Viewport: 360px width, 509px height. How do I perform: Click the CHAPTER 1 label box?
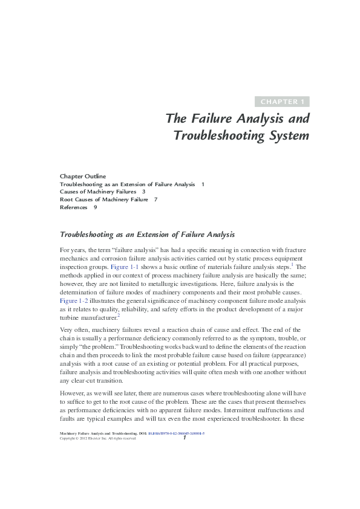tap(283, 102)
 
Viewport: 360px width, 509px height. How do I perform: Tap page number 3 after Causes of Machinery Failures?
tap(143, 191)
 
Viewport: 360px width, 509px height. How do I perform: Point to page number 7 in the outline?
tap(155, 199)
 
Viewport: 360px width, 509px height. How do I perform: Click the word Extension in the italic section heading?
tap(148, 234)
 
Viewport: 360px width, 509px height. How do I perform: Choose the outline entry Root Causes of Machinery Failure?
tap(103, 199)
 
